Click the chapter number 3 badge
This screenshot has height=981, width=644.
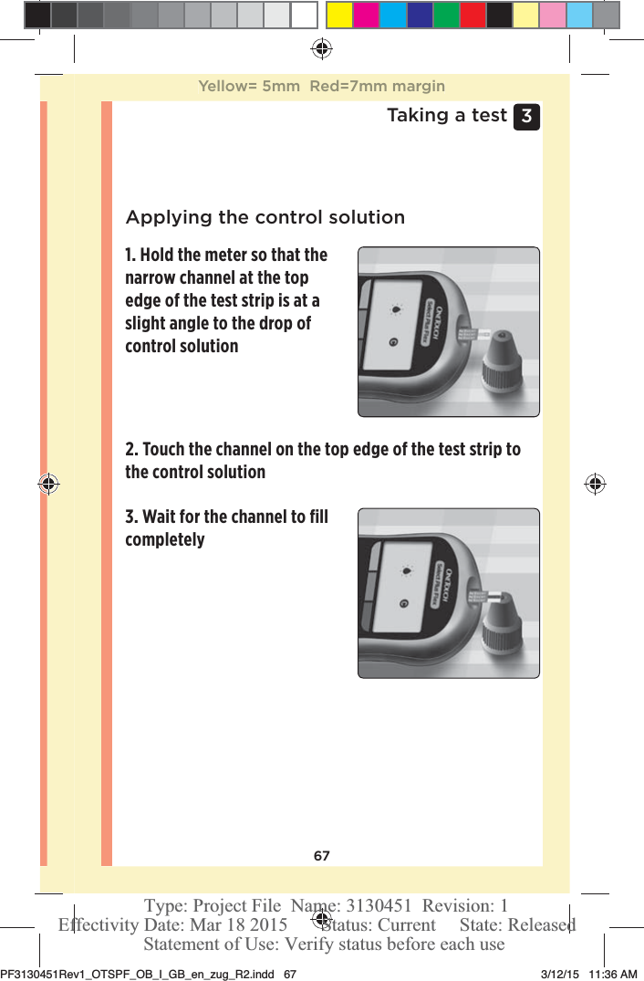(526, 117)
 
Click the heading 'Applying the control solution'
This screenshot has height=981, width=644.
(265, 217)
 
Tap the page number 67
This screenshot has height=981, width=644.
(322, 856)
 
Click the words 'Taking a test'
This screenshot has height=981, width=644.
(446, 115)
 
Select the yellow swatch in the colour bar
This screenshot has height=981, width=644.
(340, 15)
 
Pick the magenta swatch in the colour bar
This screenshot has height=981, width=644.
(367, 15)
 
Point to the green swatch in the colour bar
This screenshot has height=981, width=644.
(446, 15)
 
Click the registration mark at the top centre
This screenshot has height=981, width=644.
(321, 47)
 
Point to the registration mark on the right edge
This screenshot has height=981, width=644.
(595, 484)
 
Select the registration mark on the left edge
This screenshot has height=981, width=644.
(48, 484)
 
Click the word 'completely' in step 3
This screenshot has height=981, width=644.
(165, 539)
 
